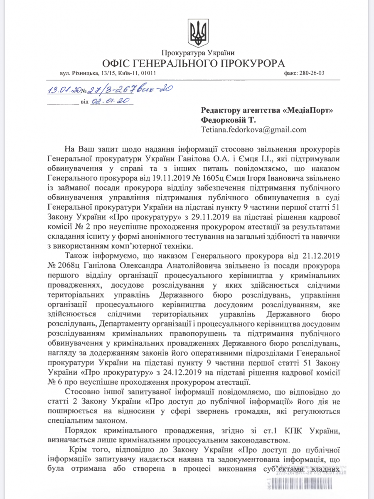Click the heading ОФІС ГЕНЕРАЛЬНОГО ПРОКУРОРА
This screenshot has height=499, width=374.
(194, 63)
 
